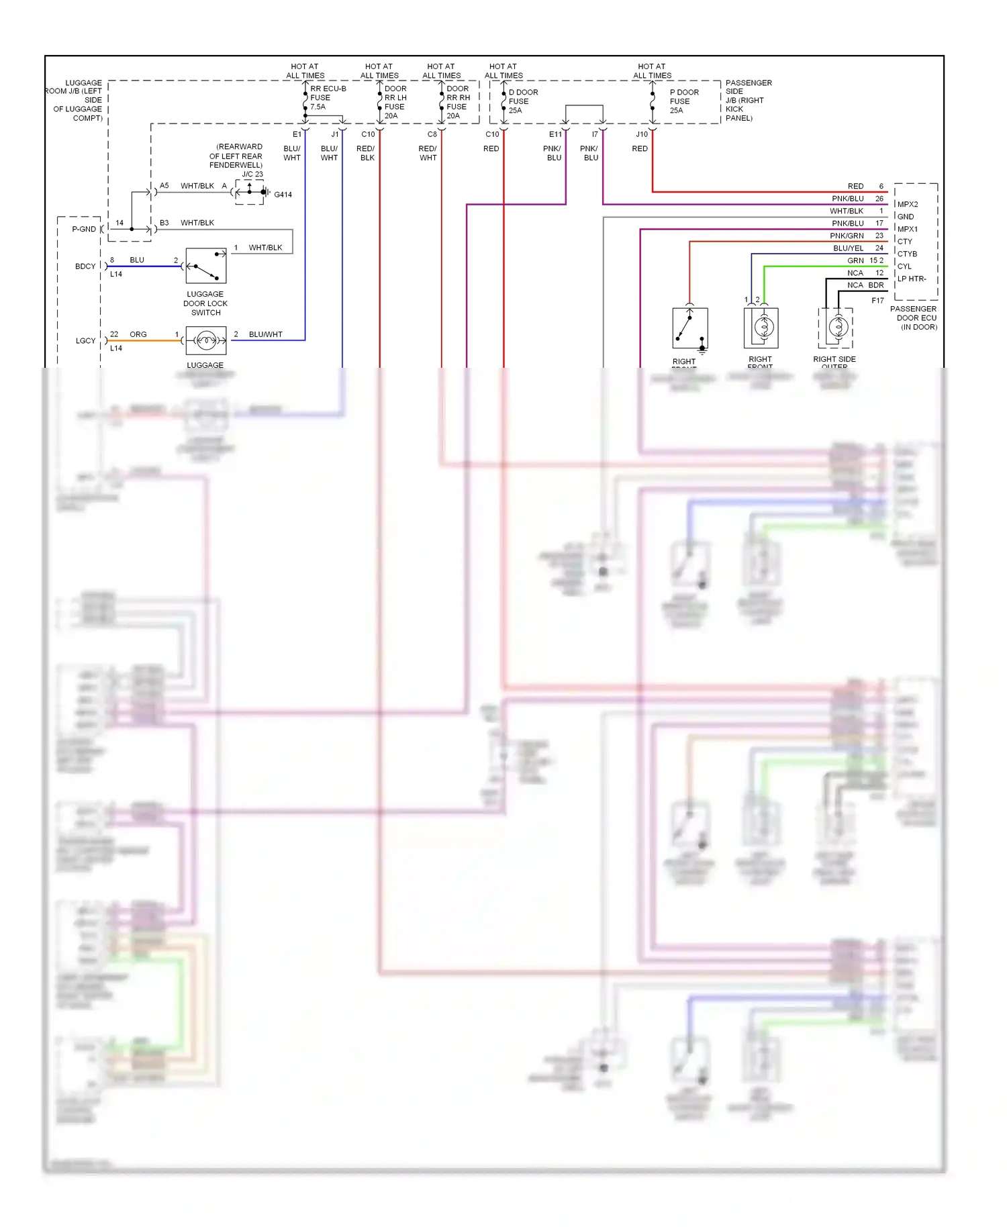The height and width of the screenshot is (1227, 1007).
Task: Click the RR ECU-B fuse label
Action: point(327,97)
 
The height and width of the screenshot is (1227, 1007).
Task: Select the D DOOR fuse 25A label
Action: point(522,101)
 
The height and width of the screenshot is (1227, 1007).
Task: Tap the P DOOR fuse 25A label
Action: point(683,101)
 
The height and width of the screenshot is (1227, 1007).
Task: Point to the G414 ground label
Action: point(283,195)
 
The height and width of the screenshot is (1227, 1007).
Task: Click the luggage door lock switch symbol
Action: point(206,266)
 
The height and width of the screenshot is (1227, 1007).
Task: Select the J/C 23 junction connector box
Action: point(250,192)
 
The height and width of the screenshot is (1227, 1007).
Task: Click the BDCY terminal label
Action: point(85,266)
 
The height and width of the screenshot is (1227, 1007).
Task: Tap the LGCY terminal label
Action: point(85,341)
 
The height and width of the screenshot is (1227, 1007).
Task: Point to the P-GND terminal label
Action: point(84,230)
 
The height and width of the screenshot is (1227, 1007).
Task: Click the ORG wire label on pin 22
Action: point(138,334)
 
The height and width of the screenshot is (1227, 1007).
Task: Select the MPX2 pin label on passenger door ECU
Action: point(908,205)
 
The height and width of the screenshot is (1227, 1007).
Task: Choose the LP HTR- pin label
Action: point(912,279)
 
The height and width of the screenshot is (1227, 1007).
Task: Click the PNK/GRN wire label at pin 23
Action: point(847,236)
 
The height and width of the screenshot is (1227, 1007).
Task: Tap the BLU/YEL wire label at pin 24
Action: point(848,248)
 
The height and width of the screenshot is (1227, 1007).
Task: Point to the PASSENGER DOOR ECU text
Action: point(914,317)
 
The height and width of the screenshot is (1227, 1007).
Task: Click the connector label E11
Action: point(555,134)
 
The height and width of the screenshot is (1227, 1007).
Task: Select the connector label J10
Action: point(642,134)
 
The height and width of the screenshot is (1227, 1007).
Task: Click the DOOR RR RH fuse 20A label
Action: point(457,102)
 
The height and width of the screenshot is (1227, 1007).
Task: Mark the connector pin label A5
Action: point(164,186)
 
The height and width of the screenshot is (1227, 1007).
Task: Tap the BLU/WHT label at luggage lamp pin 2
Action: point(265,334)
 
